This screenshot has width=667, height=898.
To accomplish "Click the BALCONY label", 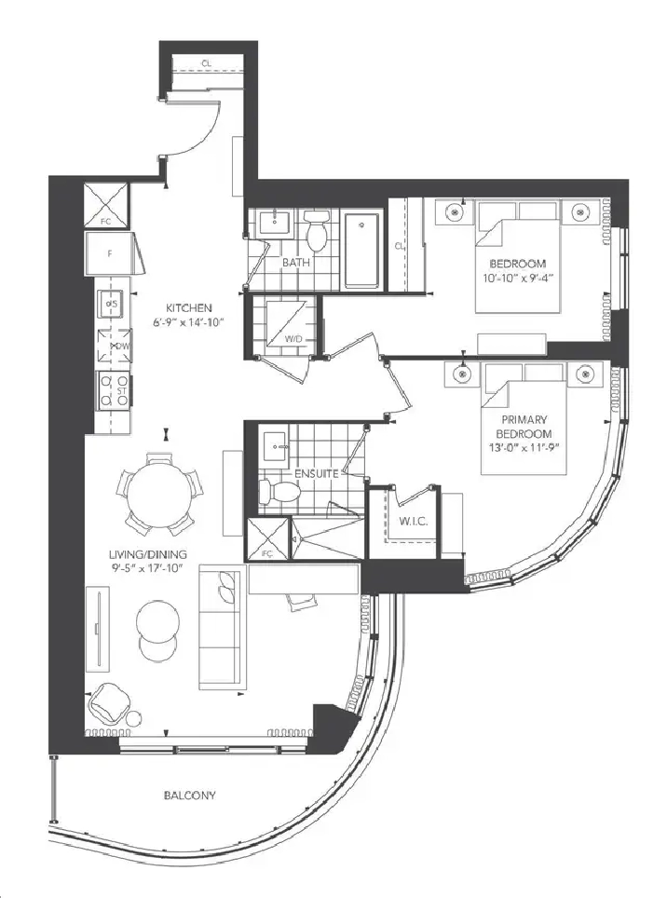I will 189,796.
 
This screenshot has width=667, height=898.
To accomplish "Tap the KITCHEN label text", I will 190,308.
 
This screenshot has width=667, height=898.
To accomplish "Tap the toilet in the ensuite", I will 270,491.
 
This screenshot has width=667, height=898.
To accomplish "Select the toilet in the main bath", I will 316,232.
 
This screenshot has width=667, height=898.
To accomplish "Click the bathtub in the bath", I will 361,250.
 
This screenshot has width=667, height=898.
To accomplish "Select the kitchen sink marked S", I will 112,303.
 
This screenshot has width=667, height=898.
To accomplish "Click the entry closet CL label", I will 205,63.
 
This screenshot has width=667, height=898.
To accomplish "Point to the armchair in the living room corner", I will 109,702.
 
